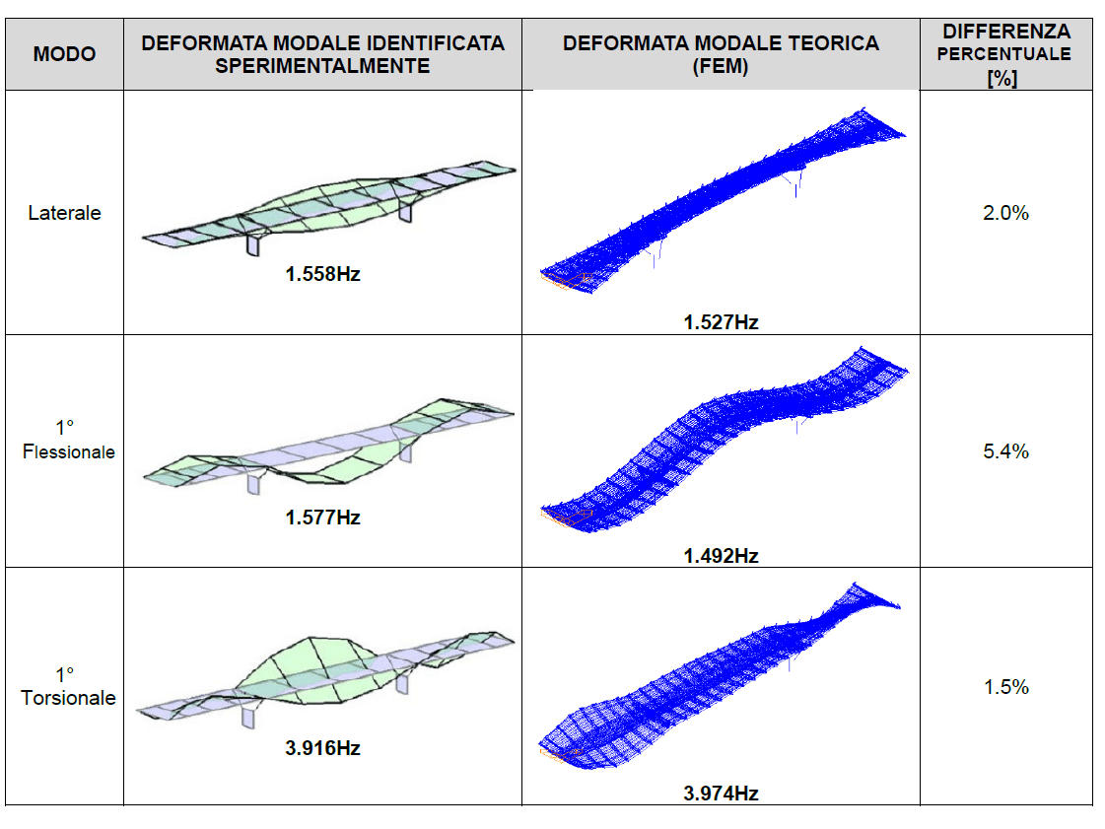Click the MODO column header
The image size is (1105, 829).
[x=64, y=54]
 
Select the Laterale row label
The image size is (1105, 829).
[x=64, y=213]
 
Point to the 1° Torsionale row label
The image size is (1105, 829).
[x=67, y=686]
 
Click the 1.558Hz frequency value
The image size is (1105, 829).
[x=322, y=275]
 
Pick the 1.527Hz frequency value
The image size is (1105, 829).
[x=721, y=321]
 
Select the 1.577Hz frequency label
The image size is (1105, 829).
[x=322, y=518]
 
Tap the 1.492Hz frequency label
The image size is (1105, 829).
[x=721, y=556]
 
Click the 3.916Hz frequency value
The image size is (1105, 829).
[x=322, y=748]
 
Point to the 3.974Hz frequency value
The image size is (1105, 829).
[x=721, y=794]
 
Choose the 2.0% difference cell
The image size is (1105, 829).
[x=1005, y=213]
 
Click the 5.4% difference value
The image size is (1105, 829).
[x=1005, y=451]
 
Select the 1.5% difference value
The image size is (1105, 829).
[x=1005, y=687]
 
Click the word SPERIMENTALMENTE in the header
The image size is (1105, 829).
[x=322, y=66]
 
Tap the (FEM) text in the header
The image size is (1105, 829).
[x=721, y=66]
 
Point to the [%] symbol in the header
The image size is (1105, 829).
[x=1001, y=77]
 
